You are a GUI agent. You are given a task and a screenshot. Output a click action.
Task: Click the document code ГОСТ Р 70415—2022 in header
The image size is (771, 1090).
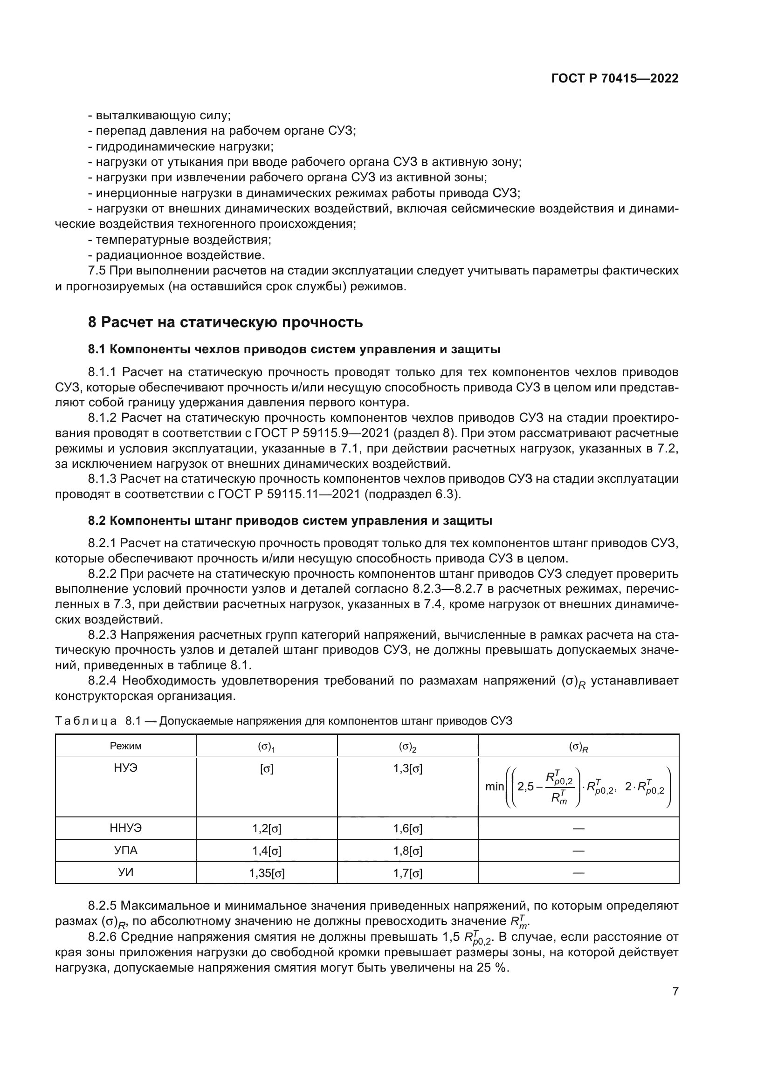click(x=615, y=79)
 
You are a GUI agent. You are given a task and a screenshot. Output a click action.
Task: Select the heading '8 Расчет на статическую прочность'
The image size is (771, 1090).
click(x=226, y=322)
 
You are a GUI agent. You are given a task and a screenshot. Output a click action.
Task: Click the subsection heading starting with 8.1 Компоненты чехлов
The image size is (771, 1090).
click(x=294, y=350)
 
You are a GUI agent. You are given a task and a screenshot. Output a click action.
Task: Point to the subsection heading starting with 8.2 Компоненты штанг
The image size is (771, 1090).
click(x=289, y=521)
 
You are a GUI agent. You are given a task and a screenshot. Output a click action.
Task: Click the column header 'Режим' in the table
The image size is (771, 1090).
click(x=126, y=746)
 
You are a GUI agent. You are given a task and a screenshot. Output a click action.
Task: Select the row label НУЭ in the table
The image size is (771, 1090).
click(x=126, y=768)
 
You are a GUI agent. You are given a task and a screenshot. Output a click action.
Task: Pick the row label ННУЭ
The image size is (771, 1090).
click(x=126, y=828)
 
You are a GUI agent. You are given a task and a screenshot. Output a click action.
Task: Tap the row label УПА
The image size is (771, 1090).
click(x=126, y=850)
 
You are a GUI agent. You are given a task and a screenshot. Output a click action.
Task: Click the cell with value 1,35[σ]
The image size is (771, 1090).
click(x=267, y=873)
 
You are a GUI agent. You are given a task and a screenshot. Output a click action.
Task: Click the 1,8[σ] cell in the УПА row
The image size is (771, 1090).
click(x=408, y=851)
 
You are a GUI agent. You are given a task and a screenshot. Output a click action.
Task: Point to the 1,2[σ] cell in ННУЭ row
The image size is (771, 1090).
click(x=267, y=829)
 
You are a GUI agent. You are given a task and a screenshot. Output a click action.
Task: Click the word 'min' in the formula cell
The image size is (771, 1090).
click(x=494, y=787)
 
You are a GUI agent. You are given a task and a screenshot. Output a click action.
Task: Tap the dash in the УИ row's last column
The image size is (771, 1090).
click(x=578, y=873)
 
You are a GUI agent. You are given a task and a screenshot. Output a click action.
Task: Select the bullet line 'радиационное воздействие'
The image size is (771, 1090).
click(x=179, y=255)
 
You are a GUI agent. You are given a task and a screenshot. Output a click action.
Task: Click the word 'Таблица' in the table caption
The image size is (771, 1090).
click(x=86, y=721)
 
